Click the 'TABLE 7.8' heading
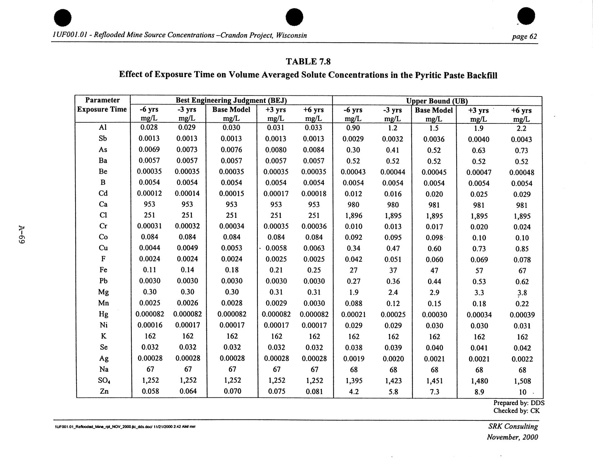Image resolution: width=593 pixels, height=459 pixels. [308, 62]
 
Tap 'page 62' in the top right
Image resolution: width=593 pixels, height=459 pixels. [524, 36]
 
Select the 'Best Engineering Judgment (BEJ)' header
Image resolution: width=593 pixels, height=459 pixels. [231, 100]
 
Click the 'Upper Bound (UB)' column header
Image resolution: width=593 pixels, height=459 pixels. [437, 101]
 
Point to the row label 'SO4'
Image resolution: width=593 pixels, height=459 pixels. [104, 380]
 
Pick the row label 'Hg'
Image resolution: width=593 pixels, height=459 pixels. [103, 314]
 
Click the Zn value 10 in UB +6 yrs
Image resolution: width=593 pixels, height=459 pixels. [522, 392]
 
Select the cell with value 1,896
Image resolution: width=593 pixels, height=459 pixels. [354, 216]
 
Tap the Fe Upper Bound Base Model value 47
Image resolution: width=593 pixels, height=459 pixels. [434, 270]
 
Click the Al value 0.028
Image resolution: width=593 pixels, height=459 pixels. [149, 127]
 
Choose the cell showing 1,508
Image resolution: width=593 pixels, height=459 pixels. [522, 381]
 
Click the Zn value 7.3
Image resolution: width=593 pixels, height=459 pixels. [434, 392]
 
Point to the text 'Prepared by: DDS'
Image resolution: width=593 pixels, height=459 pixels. [519, 403]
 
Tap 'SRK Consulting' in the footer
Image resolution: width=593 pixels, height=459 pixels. [513, 426]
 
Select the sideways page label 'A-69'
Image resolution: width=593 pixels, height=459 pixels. [22, 235]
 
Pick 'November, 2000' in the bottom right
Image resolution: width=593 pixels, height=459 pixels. [512, 437]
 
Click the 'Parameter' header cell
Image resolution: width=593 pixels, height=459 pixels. [102, 100]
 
